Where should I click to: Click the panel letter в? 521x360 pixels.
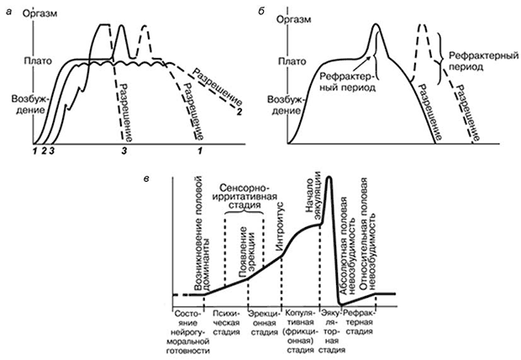pos(150,180)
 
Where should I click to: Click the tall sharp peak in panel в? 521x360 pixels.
pos(330,180)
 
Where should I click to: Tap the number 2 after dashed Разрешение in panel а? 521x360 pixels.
pos(239,112)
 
